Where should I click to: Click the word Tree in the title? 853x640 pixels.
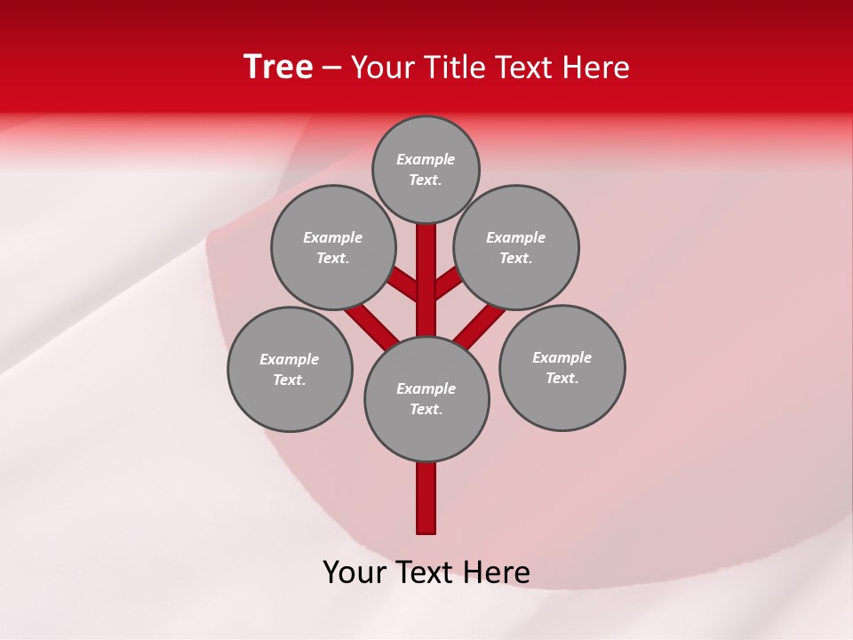(x=278, y=68)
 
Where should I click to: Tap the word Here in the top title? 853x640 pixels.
(x=594, y=68)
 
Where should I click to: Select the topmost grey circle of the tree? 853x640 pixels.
(x=426, y=169)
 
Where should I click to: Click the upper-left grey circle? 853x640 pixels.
(x=332, y=247)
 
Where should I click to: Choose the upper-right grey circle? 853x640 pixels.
(x=516, y=247)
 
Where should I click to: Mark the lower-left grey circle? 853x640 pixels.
(x=290, y=369)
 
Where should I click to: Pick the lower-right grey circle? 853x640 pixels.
(x=562, y=367)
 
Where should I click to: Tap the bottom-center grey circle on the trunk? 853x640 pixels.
(x=426, y=399)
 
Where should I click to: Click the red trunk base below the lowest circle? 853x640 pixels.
(x=426, y=498)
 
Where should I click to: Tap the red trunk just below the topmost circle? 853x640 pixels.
(x=426, y=244)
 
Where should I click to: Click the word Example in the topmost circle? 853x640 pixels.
(x=426, y=159)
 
